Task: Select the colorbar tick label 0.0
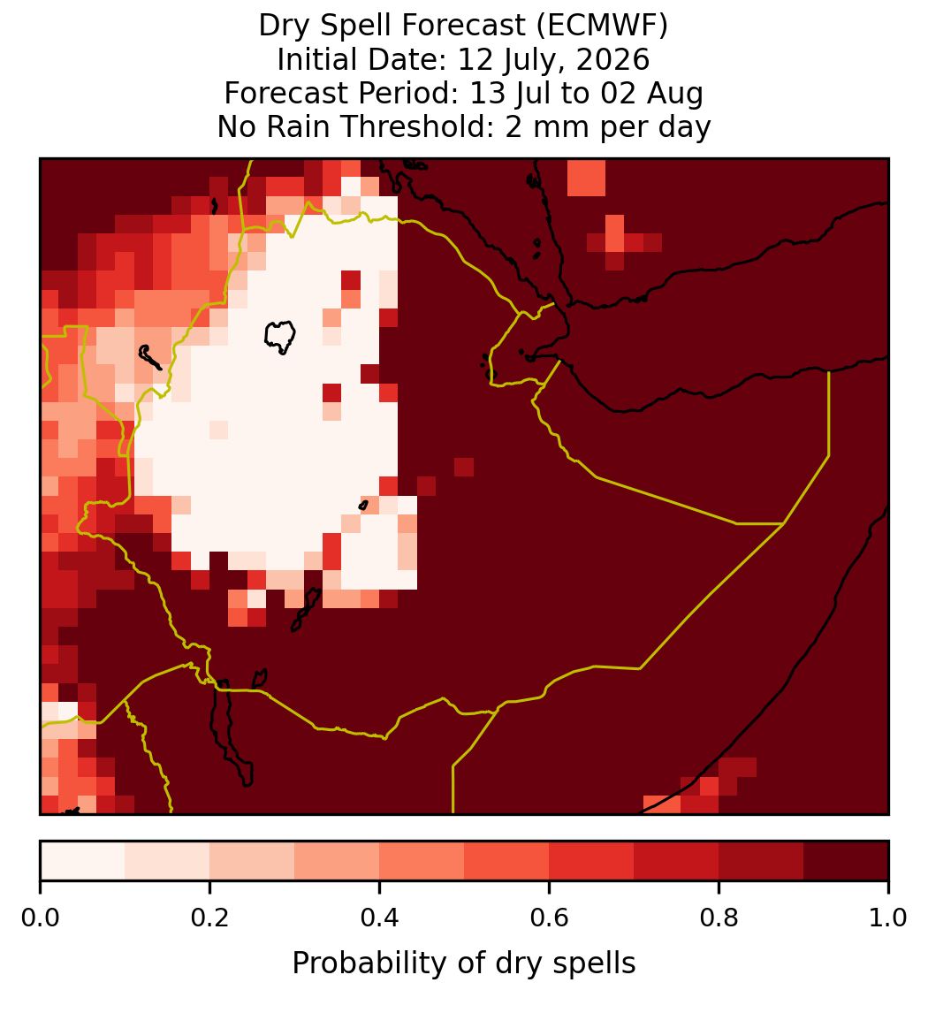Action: click(x=40, y=918)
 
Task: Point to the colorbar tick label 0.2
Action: click(x=209, y=918)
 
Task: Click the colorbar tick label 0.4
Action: click(x=380, y=918)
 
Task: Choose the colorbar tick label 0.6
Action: click(x=550, y=918)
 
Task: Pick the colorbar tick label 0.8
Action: click(x=719, y=918)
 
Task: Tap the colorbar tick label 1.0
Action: click(x=888, y=918)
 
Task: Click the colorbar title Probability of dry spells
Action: click(x=464, y=963)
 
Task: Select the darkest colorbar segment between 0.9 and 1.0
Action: click(x=846, y=861)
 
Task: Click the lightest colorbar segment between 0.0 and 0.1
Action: click(x=83, y=861)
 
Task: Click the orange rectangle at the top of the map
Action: click(x=586, y=177)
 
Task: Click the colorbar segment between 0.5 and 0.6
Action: click(x=507, y=861)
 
